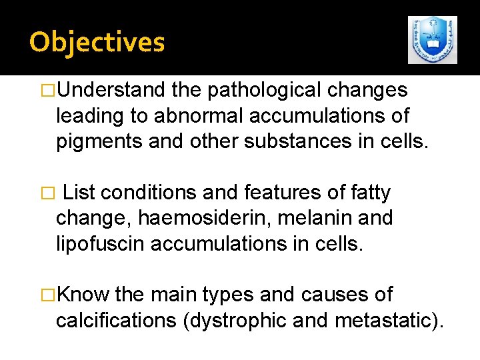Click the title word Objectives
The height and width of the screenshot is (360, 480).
pyautogui.click(x=97, y=42)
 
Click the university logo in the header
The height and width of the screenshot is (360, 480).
pyautogui.click(x=433, y=40)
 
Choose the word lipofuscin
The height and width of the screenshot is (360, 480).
pyautogui.click(x=101, y=244)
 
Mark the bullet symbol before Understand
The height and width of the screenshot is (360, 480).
pyautogui.click(x=48, y=91)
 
